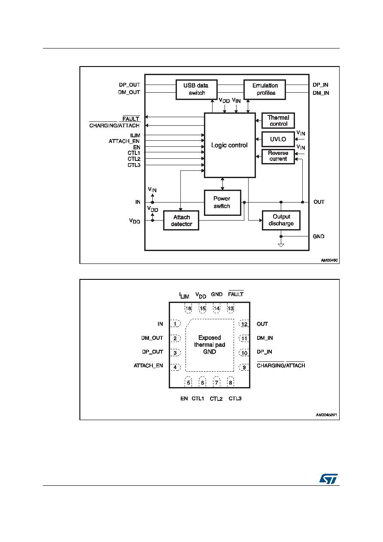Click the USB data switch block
197,90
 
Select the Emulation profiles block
264,90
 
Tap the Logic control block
230,145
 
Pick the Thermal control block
278,121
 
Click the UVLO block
278,139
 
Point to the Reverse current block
278,157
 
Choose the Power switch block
222,203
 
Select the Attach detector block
181,221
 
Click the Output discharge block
281,220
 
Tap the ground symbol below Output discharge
281,245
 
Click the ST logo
328,478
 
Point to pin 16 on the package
188,308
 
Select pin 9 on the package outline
244,367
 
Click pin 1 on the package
175,324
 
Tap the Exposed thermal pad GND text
210,345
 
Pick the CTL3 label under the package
235,399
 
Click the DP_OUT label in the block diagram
129,85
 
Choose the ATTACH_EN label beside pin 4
148,366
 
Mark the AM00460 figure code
329,260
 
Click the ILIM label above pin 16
184,295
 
